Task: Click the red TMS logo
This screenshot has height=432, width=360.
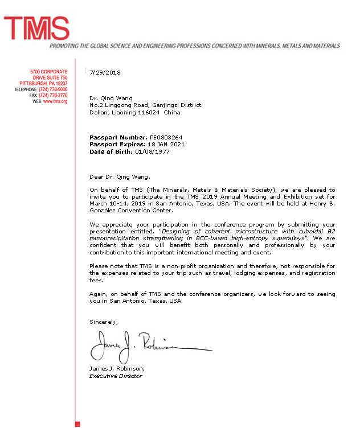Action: tap(36, 28)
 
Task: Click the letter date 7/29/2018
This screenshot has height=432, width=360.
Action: tap(105, 72)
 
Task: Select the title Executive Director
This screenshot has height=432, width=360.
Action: tap(116, 376)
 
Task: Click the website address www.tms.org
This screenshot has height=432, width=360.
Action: tap(55, 101)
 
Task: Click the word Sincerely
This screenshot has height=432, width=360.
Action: tap(104, 322)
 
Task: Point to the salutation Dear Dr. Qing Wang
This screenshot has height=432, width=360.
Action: tap(121, 176)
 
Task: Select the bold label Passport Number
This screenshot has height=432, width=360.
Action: tap(118, 137)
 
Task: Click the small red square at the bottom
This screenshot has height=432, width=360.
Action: tap(77, 424)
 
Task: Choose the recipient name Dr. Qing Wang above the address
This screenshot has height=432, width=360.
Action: tap(107, 98)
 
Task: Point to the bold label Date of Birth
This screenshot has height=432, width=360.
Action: tap(111, 151)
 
